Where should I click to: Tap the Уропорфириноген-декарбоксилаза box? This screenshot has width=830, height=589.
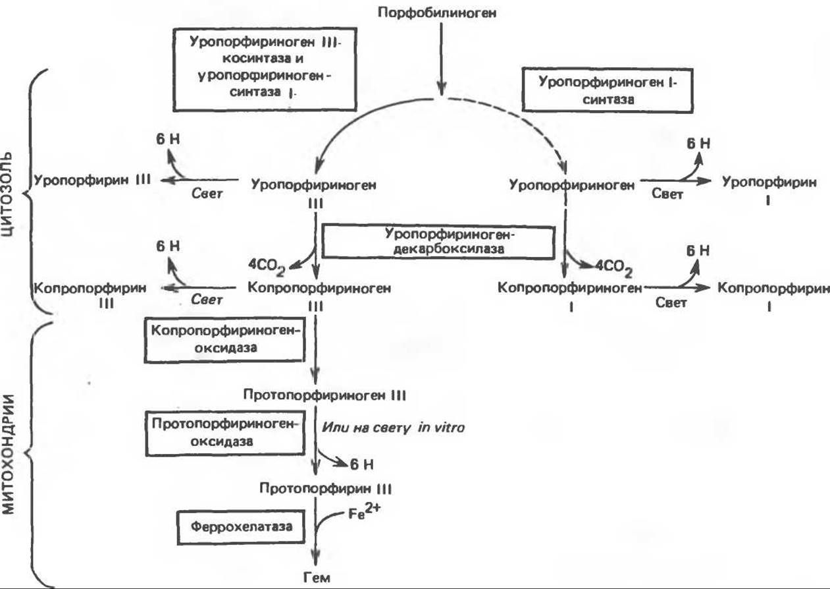438,241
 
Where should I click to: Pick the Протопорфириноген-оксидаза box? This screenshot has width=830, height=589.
222,432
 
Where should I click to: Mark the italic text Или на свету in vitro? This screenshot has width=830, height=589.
393,427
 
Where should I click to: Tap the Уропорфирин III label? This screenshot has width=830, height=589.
93,180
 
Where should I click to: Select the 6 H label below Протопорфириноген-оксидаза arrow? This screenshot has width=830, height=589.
361,464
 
